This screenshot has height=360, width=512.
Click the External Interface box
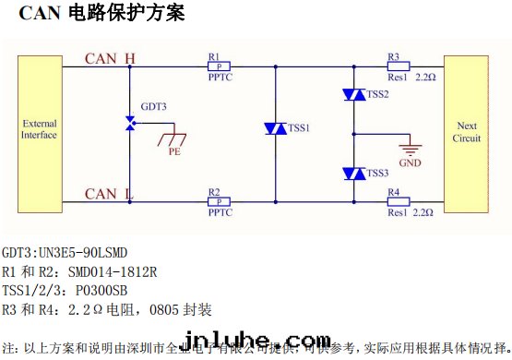40,129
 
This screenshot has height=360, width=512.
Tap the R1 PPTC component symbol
220,66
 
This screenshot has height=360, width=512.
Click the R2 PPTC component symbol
220,201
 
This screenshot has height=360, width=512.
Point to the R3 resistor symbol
399,66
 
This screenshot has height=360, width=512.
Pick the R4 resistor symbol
399,201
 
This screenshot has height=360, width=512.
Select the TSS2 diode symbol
354,94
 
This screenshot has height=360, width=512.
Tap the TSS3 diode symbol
354,173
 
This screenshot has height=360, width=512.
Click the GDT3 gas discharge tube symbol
130,123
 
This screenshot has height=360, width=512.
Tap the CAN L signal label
108,193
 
